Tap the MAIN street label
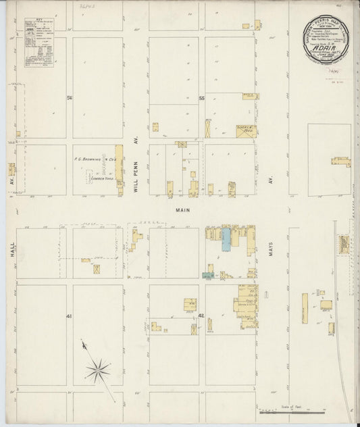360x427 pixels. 182,210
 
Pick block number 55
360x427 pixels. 201,99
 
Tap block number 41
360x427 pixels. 69,316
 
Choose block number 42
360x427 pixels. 201,316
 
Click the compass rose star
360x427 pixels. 99,369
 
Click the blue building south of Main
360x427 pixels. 224,240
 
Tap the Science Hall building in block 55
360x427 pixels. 245,130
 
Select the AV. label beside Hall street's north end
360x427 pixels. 12,181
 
